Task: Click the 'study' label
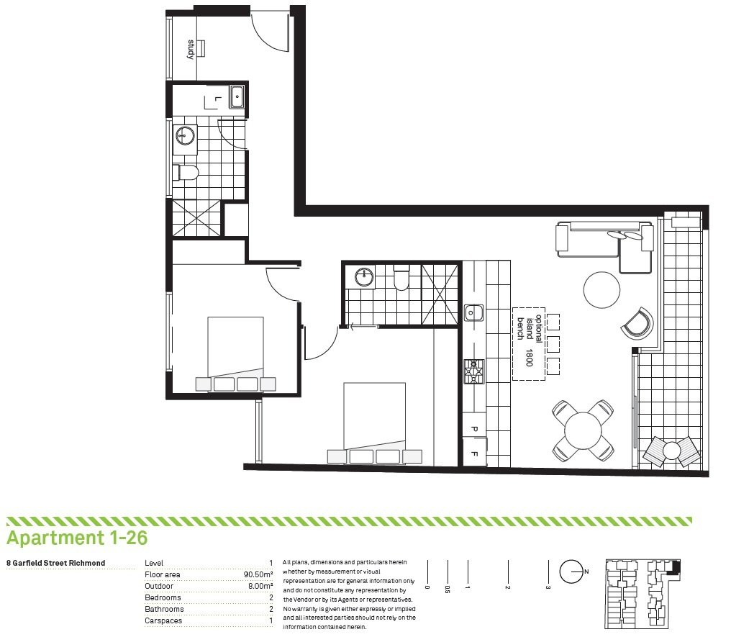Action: point(191,50)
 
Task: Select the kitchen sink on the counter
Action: point(473,312)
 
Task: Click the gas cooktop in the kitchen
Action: point(473,371)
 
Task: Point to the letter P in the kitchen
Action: point(474,429)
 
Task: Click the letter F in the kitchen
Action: point(474,453)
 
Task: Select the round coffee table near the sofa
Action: point(602,289)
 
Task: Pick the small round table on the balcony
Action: point(671,451)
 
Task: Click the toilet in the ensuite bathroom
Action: point(401,277)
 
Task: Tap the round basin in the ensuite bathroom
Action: point(364,277)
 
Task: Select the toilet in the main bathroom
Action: point(186,173)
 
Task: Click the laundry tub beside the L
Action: point(237,97)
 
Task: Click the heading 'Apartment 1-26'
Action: point(77,538)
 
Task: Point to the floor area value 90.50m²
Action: point(258,574)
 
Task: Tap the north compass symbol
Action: point(572,572)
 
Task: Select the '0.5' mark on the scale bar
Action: point(448,589)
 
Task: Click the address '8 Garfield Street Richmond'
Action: point(56,563)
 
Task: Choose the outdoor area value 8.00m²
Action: point(260,586)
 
